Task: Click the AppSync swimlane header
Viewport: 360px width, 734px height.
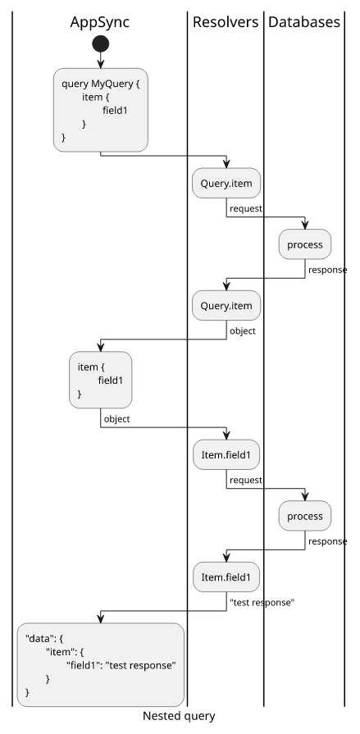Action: (100, 22)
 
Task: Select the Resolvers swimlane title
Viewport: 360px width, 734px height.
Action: (226, 22)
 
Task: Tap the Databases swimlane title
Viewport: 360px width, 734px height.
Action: (303, 22)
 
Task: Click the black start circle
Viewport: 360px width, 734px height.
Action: (101, 44)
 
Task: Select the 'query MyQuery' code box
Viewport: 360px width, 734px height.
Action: (101, 110)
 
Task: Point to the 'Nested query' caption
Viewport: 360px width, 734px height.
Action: (179, 716)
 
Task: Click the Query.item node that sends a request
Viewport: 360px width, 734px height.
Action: (226, 183)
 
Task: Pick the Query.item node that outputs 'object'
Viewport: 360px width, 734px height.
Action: (226, 306)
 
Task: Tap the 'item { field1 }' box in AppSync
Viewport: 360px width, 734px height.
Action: (101, 380)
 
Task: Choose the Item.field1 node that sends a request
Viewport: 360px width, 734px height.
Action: (226, 454)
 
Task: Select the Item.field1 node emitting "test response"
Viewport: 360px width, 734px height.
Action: (226, 577)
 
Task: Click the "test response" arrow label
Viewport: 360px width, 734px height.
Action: (262, 603)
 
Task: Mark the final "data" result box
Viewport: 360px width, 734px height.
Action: (101, 665)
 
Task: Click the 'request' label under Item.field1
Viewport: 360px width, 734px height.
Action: (246, 481)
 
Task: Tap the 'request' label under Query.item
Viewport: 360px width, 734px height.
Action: (246, 209)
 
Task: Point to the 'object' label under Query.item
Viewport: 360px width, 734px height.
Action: (243, 331)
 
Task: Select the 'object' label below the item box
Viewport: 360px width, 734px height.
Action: (116, 419)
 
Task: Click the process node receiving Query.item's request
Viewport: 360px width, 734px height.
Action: (305, 244)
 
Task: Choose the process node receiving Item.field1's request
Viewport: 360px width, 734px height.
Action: (305, 516)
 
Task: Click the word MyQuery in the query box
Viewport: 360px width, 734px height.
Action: (112, 84)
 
